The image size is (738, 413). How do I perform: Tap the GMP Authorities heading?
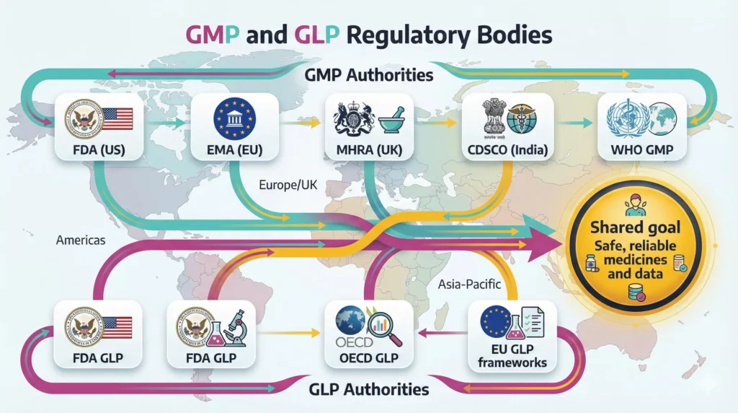pos(369,74)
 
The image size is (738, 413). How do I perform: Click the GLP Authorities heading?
pos(369,389)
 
